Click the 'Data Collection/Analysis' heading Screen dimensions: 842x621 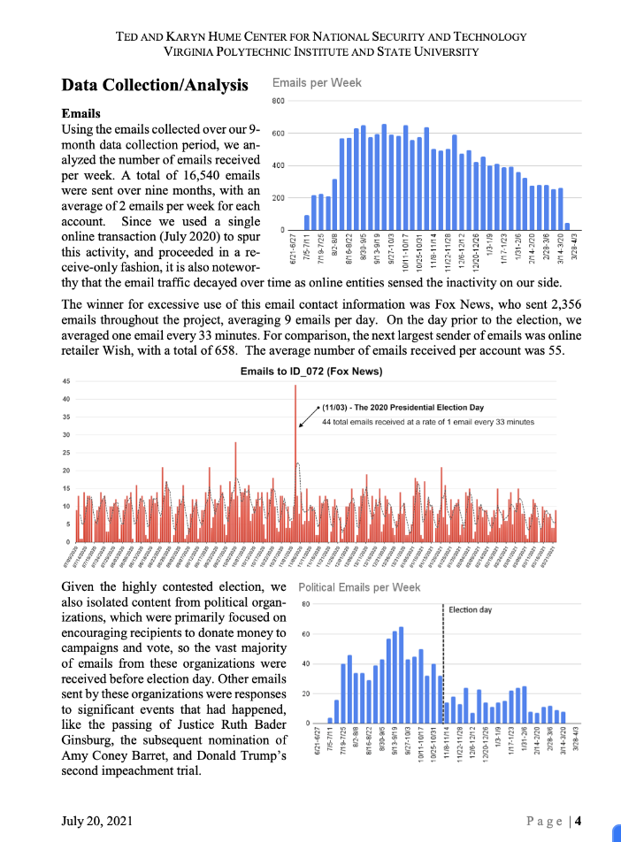tap(155, 85)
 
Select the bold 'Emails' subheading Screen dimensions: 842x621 tap(80, 114)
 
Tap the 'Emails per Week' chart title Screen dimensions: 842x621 tap(317, 83)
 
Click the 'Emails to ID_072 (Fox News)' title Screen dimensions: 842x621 tap(310, 372)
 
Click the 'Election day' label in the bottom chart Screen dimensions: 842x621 tap(471, 609)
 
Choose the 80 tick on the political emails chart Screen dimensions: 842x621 tap(304, 605)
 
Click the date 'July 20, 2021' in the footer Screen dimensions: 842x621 tap(97, 821)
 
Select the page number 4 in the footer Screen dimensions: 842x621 tap(577, 821)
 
